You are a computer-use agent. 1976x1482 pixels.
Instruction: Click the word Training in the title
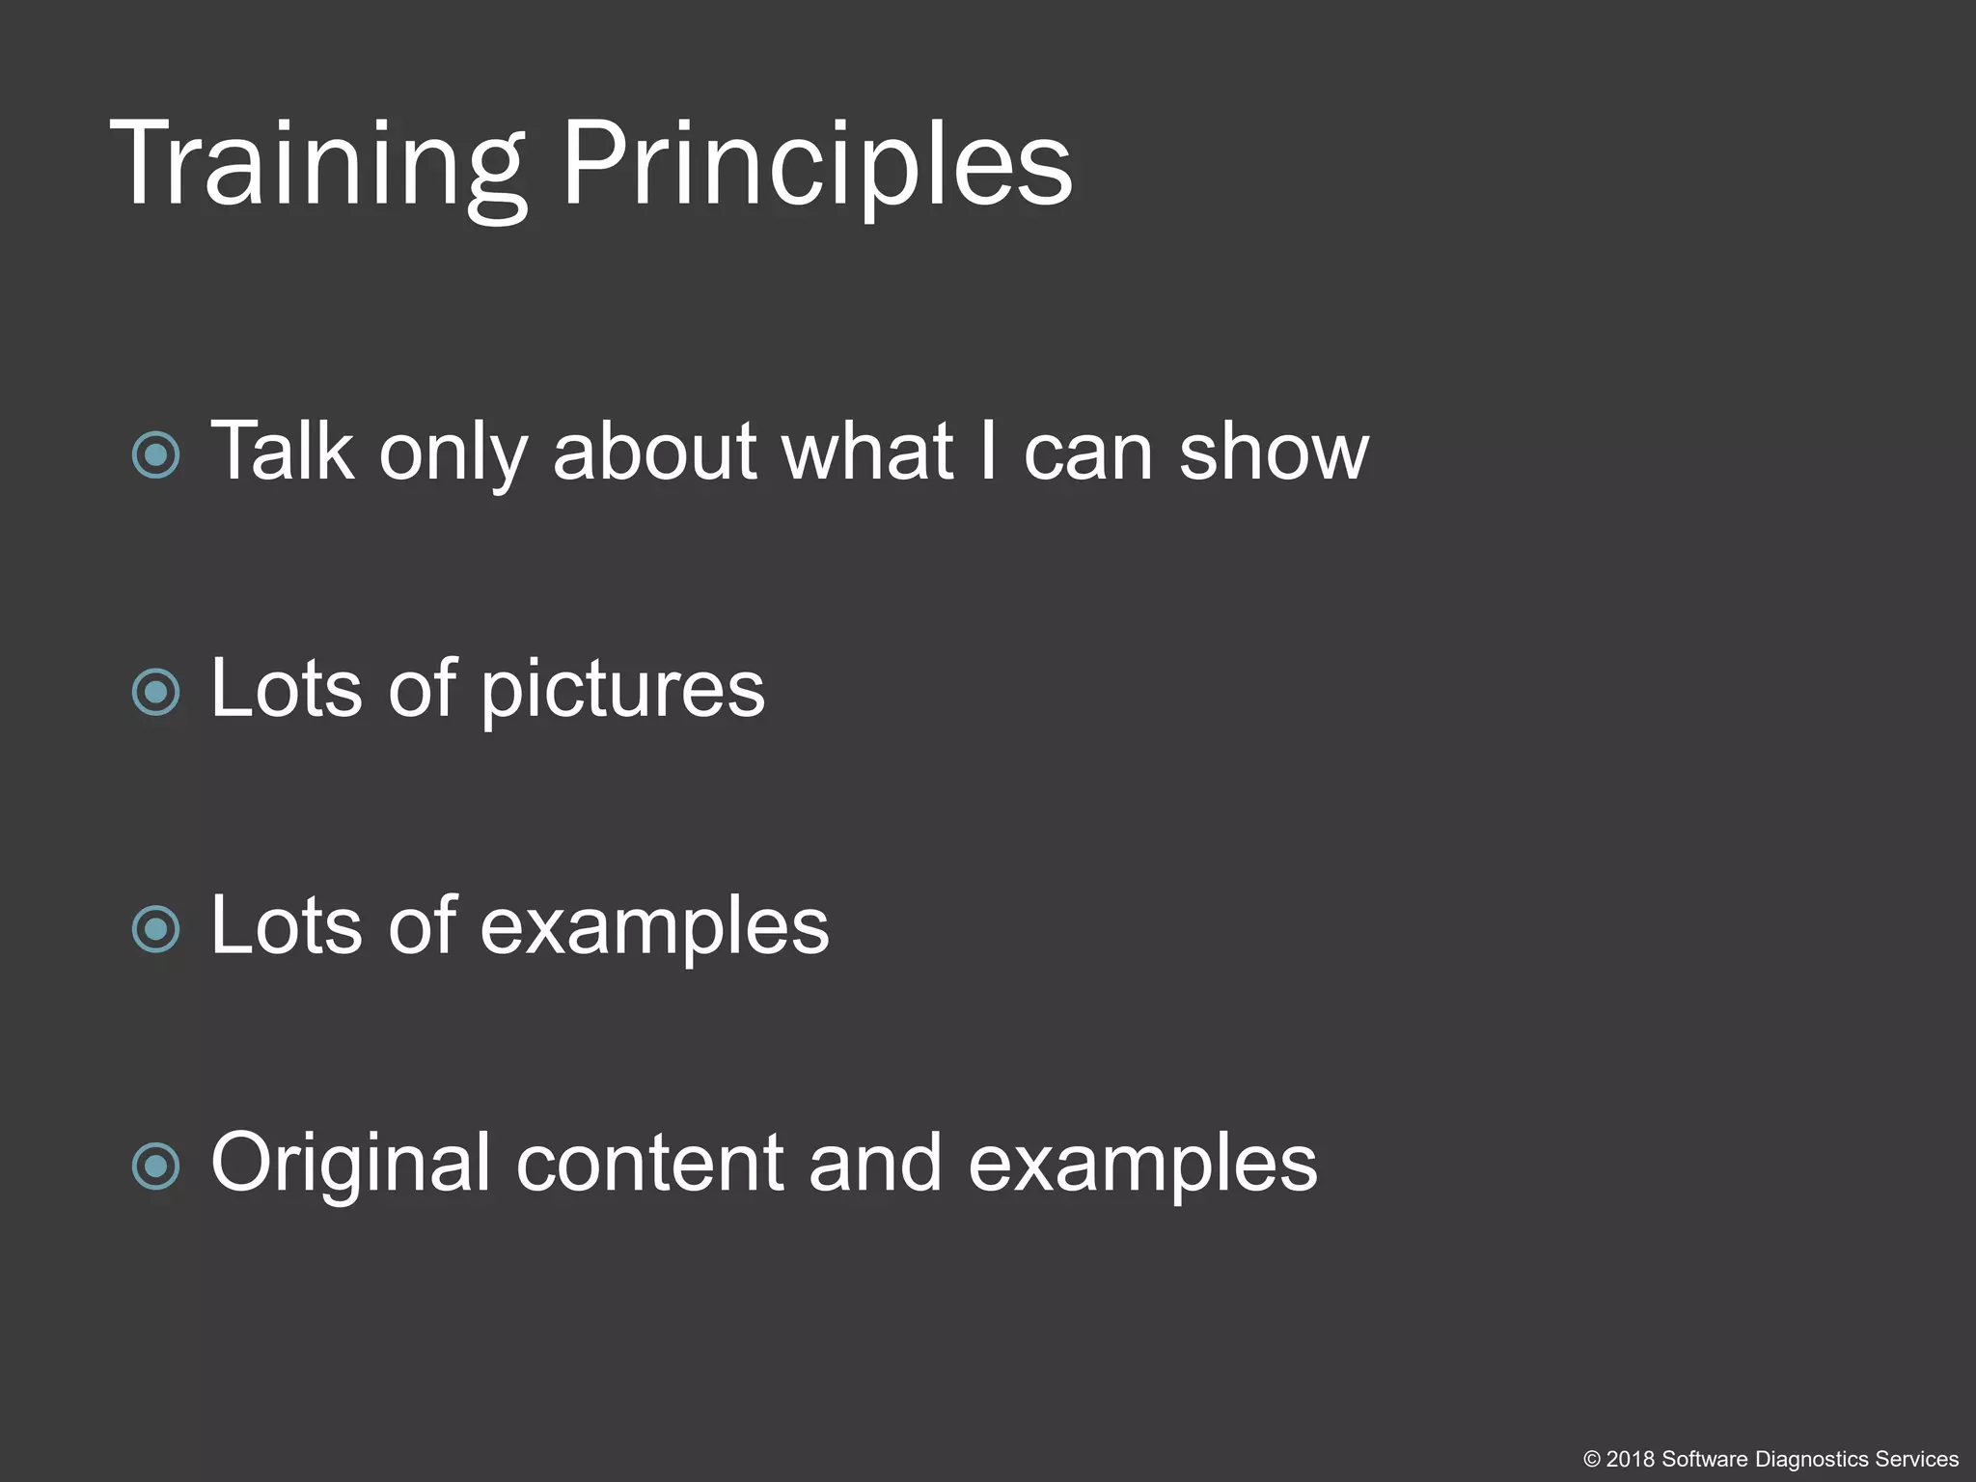(318, 164)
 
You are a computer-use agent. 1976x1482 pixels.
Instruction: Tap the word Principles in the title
(816, 164)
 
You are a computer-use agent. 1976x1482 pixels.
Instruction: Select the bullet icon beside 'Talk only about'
(156, 455)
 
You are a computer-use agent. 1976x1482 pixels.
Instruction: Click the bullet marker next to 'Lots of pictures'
(156, 692)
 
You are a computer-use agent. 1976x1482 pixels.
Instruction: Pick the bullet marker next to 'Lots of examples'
(156, 929)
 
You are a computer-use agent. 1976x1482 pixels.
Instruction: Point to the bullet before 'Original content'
(156, 1166)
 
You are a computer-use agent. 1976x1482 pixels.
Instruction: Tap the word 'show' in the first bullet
(1273, 452)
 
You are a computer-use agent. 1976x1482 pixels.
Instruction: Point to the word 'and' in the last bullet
(874, 1164)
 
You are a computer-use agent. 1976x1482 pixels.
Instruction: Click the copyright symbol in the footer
(1592, 1460)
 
